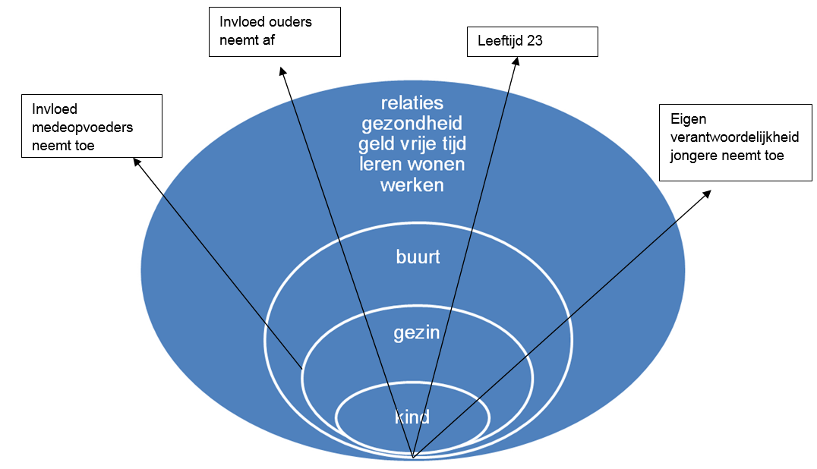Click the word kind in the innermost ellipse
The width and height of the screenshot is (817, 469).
(x=412, y=417)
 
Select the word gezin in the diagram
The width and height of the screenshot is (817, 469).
(x=417, y=332)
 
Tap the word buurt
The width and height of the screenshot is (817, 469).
(x=418, y=257)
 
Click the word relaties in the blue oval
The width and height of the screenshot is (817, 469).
(x=412, y=103)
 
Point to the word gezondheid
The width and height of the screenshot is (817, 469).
(x=412, y=124)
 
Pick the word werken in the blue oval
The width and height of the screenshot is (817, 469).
(x=412, y=184)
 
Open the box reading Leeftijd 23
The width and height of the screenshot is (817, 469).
(x=532, y=42)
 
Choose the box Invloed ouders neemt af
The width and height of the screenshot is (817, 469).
(x=274, y=31)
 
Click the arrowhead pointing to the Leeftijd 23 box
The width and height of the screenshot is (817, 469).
(x=521, y=62)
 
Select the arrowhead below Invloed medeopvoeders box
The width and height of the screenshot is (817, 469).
(x=136, y=161)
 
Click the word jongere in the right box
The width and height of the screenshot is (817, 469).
(x=691, y=156)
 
